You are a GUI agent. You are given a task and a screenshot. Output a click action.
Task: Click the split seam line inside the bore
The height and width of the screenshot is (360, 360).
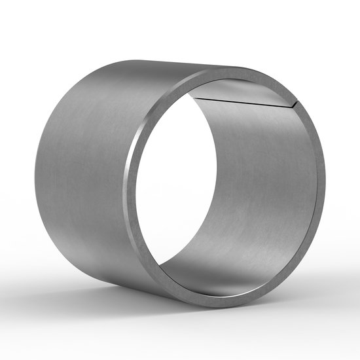(x=242, y=100)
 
